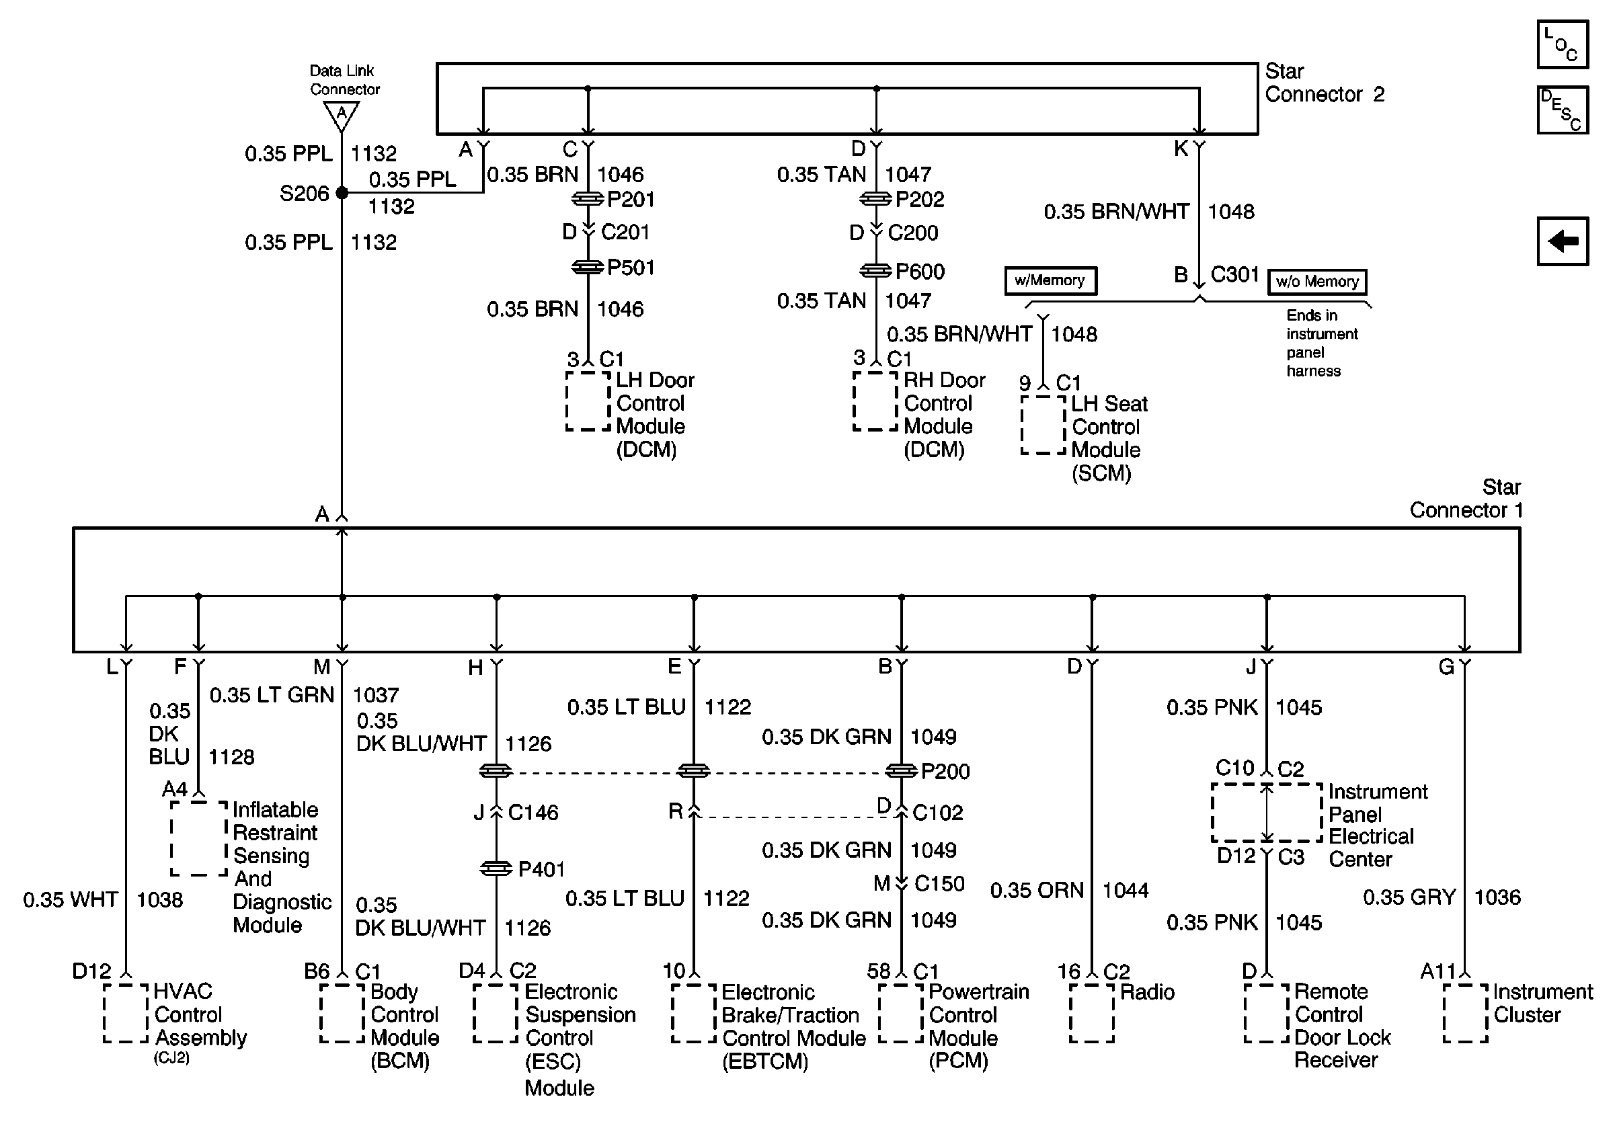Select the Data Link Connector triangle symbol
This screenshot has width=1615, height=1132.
tap(342, 114)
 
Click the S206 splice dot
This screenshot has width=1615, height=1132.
tap(342, 193)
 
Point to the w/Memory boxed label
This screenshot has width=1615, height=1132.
tap(1050, 280)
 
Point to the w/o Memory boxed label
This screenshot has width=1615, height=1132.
tap(1316, 282)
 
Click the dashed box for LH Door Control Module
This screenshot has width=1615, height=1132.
tap(588, 401)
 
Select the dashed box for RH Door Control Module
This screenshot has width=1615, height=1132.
tap(875, 401)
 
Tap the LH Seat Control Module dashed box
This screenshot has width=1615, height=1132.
tap(1043, 425)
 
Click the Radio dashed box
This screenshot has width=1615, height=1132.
tap(1092, 1013)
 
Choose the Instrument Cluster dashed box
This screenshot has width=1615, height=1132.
tap(1465, 1013)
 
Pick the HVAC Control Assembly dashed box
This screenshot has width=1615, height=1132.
tap(126, 1013)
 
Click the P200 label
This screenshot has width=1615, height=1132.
tap(945, 772)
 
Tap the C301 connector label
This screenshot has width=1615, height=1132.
tap(1234, 274)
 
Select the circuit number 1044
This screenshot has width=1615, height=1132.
tap(1125, 890)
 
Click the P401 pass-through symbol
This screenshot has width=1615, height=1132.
tap(496, 869)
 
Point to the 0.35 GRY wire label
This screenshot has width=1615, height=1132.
tap(1409, 897)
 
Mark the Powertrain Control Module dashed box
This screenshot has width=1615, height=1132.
tap(900, 1013)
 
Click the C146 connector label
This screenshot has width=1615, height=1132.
tap(533, 813)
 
